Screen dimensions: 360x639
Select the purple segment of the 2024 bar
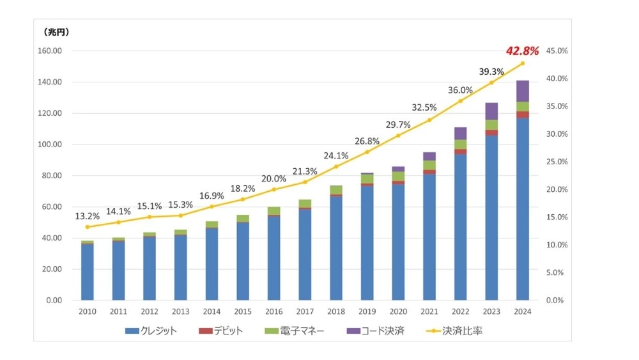pos(522,91)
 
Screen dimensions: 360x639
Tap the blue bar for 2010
pos(87,272)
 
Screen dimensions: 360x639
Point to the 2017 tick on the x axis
pos(305,311)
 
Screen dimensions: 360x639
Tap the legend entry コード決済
pos(376,331)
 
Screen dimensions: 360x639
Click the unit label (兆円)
pos(57,31)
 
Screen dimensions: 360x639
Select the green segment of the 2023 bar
pos(491,125)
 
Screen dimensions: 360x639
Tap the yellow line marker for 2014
pos(212,207)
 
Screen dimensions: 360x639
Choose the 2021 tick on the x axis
pos(429,311)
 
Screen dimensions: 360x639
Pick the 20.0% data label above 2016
pos(273,178)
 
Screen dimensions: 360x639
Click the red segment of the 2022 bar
pos(460,152)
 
